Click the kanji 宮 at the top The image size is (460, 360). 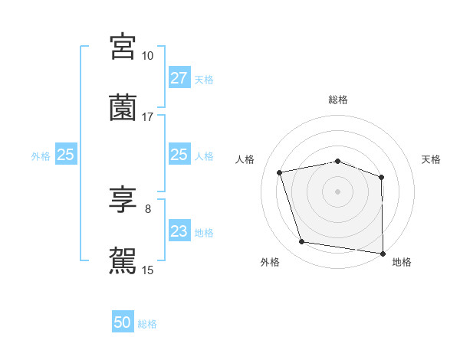tap(123, 47)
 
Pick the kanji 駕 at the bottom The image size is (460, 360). tap(123, 260)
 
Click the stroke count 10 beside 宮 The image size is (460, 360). tap(147, 56)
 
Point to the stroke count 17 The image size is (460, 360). tap(147, 117)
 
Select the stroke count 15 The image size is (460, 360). tap(147, 270)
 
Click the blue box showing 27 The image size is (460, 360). tap(179, 78)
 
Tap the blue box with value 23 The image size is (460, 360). tap(179, 231)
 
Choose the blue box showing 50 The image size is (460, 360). tap(123, 323)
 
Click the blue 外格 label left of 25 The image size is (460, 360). tap(41, 155)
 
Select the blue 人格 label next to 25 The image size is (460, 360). tap(204, 155)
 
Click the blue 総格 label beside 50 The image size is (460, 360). tap(147, 324)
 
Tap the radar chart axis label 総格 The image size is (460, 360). tap(338, 100)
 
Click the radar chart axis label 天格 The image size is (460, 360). tap(432, 159)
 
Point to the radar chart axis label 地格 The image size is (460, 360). tap(402, 263)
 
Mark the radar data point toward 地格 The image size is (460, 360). tap(383, 253)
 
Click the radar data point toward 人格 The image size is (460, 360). tap(281, 172)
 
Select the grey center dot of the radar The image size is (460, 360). tap(338, 191)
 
